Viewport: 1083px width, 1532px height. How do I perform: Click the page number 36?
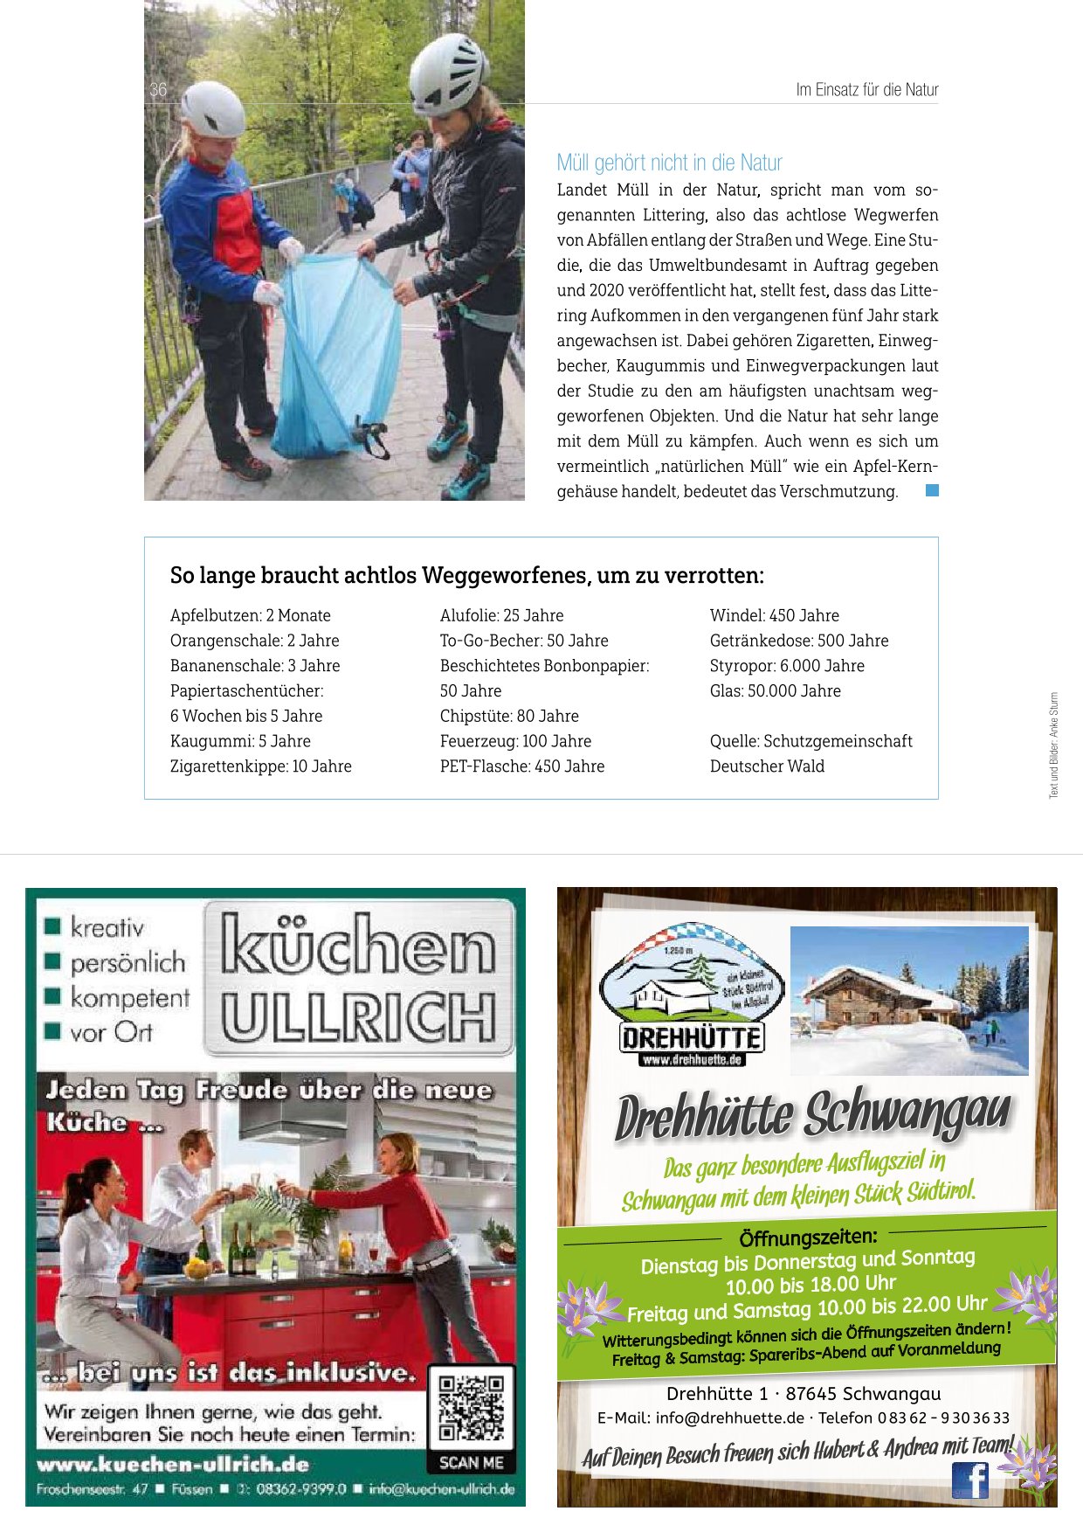pyautogui.click(x=158, y=89)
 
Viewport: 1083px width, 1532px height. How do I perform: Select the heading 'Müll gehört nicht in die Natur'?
pyautogui.click(x=669, y=163)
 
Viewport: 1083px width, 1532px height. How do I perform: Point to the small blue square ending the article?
pyautogui.click(x=932, y=491)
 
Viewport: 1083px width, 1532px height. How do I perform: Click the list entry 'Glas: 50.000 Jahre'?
pyautogui.click(x=775, y=690)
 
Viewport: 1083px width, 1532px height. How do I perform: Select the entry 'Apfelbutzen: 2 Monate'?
pyautogui.click(x=250, y=615)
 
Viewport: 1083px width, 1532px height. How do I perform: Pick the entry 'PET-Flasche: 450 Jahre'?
pyautogui.click(x=521, y=766)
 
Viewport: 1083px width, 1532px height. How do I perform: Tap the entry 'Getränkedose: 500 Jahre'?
pyautogui.click(x=798, y=641)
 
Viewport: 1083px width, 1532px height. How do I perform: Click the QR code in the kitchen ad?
pyautogui.click(x=471, y=1408)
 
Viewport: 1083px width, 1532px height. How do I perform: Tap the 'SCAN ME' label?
pyautogui.click(x=471, y=1462)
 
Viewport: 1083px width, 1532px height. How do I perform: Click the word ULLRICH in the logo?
pyautogui.click(x=358, y=1019)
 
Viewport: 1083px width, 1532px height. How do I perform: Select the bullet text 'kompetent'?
pyautogui.click(x=129, y=997)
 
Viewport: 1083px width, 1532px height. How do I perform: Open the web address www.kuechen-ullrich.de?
pyautogui.click(x=173, y=1464)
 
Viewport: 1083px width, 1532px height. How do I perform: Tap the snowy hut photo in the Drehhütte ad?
pyautogui.click(x=908, y=1001)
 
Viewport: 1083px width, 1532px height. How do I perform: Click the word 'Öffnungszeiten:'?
pyautogui.click(x=808, y=1237)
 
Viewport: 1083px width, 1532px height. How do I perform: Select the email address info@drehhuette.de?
pyautogui.click(x=729, y=1418)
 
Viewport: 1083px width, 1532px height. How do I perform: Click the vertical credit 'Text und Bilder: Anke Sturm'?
pyautogui.click(x=1053, y=745)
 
